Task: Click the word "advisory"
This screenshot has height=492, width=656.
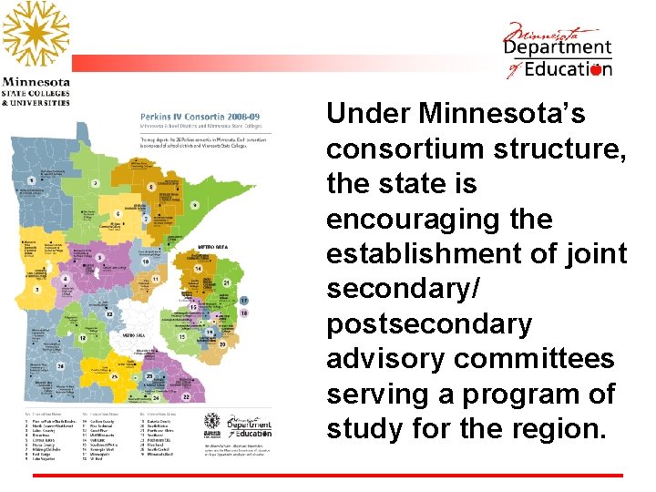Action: point(386,359)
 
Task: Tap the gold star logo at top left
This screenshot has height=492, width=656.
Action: point(35,35)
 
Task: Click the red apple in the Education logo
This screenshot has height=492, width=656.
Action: point(596,69)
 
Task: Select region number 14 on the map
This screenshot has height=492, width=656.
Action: point(197,269)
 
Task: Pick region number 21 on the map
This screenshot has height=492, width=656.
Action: point(224,283)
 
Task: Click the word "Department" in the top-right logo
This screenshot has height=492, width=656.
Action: point(558,48)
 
